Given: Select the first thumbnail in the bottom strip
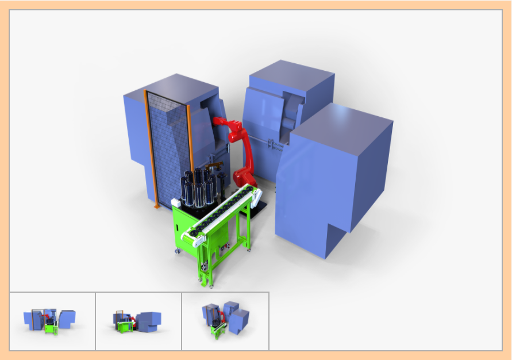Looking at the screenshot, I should [52, 321].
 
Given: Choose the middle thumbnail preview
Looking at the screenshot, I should [138, 321].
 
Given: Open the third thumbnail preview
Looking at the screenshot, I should [225, 321].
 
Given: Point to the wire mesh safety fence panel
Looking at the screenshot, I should [168, 150].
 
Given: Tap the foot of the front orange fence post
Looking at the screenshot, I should [156, 206].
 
